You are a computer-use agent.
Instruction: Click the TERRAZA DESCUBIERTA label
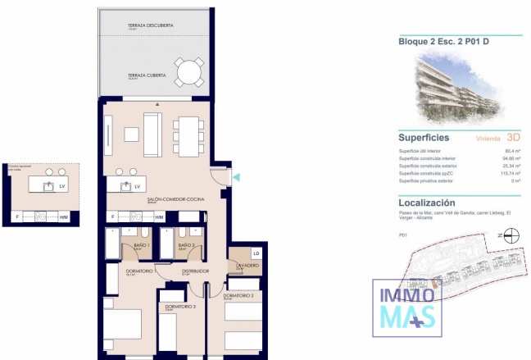pyautogui.click(x=150, y=25)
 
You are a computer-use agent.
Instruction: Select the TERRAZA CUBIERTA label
pyautogui.click(x=147, y=75)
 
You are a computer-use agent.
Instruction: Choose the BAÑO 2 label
pyautogui.click(x=187, y=245)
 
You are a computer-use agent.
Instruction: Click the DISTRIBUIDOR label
pyautogui.click(x=195, y=271)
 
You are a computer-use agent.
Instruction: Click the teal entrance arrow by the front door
pyautogui.click(x=237, y=177)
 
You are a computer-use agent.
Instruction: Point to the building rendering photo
pyautogui.click(x=460, y=84)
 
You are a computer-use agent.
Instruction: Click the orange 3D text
pyautogui.click(x=514, y=138)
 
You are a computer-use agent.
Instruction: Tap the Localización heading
pyautogui.click(x=426, y=203)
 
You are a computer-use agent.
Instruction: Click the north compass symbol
pyautogui.click(x=511, y=236)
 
